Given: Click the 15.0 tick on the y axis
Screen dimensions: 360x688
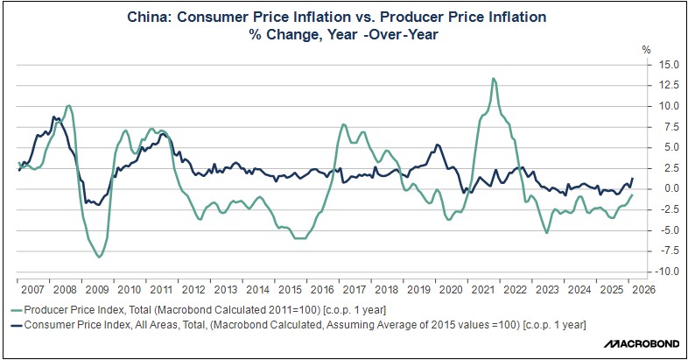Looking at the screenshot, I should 670,64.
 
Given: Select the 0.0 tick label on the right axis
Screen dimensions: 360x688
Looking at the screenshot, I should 672,188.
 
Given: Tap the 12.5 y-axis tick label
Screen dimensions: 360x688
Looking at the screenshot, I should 670,85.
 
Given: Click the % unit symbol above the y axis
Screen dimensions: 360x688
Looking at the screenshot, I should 649,48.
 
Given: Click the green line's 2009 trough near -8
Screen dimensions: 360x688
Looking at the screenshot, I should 99,257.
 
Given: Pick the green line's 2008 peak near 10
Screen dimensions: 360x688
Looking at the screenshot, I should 69,106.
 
